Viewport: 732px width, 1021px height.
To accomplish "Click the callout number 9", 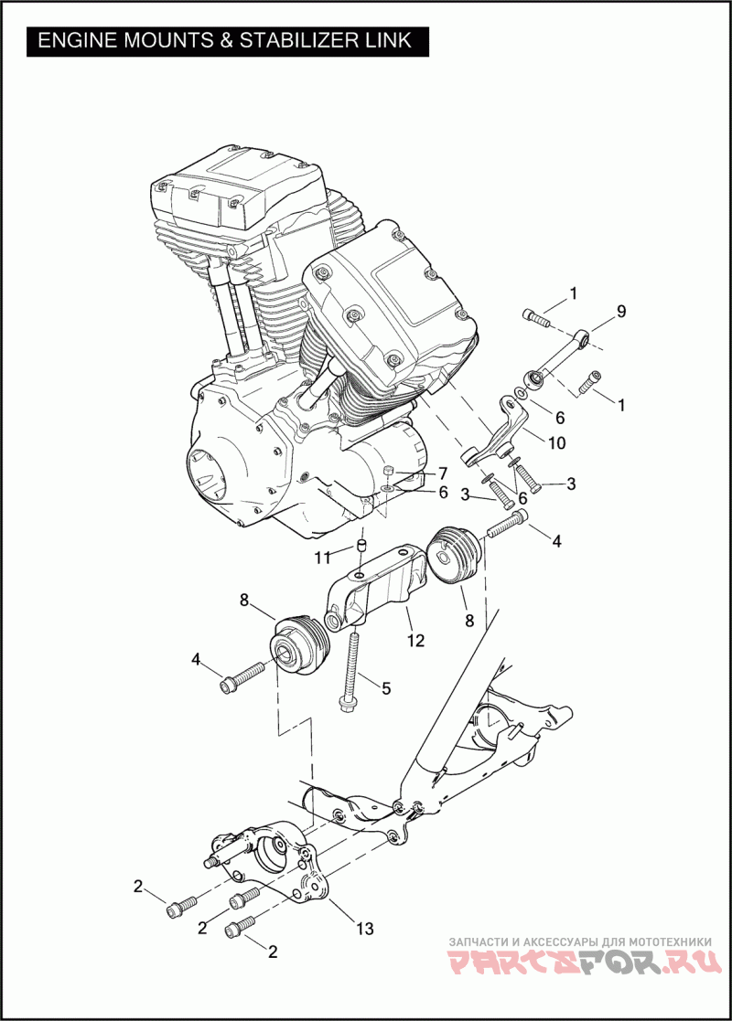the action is point(620,312).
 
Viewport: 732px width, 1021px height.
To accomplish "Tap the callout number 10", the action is point(556,443).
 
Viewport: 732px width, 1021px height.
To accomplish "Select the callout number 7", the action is point(443,473).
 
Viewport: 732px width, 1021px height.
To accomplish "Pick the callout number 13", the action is point(365,928).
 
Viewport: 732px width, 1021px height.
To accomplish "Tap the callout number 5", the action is point(386,687).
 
